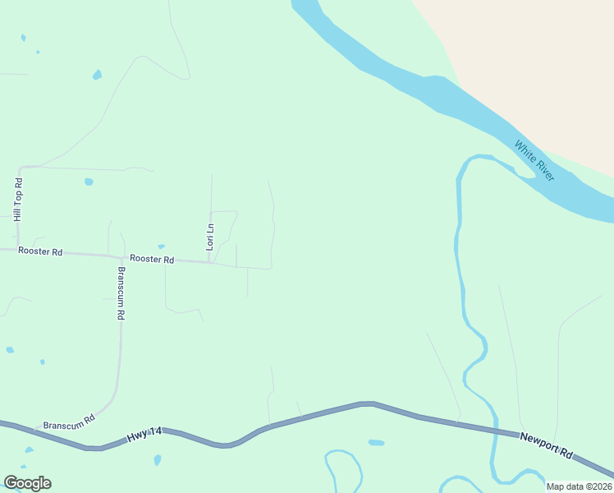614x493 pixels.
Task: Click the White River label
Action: click(x=534, y=161)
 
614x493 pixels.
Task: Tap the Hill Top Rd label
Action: click(x=17, y=199)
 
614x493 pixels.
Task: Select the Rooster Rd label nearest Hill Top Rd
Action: click(x=41, y=252)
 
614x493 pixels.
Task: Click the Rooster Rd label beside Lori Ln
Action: click(x=152, y=260)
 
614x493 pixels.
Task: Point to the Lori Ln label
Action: click(x=210, y=237)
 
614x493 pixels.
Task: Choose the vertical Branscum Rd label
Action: click(x=121, y=293)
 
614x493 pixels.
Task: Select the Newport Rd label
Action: click(x=546, y=445)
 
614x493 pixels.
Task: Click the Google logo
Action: click(x=27, y=483)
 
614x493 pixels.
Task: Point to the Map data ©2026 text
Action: click(x=578, y=486)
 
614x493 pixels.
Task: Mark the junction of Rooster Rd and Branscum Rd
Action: click(x=121, y=256)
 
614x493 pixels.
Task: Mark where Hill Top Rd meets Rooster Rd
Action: click(x=17, y=249)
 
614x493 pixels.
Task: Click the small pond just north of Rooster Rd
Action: click(x=161, y=246)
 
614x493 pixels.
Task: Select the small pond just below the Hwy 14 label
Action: click(x=157, y=459)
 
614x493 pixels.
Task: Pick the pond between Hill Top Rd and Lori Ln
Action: click(x=89, y=182)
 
